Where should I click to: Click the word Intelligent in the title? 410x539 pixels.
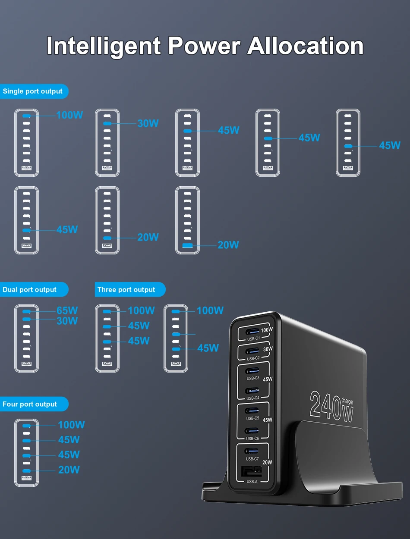click(104, 46)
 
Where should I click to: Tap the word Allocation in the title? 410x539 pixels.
click(306, 46)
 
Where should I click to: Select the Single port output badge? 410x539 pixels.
click(34, 91)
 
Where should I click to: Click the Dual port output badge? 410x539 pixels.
click(34, 289)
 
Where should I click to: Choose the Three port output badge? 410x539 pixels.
click(130, 289)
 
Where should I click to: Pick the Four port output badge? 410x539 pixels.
click(34, 404)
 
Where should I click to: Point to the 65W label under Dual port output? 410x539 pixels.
click(67, 310)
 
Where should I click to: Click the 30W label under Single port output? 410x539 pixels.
click(148, 123)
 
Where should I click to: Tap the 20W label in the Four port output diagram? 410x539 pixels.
click(69, 470)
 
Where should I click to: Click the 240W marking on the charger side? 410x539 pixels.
click(331, 406)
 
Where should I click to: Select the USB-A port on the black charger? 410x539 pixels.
click(251, 471)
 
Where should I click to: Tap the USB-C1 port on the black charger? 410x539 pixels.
click(252, 332)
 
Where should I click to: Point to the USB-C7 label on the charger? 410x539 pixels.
click(252, 459)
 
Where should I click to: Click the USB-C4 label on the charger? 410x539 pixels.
click(253, 398)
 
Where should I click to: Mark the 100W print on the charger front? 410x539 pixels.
click(267, 330)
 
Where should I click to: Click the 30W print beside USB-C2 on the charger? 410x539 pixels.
click(268, 349)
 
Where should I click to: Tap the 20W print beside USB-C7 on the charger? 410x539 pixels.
click(267, 462)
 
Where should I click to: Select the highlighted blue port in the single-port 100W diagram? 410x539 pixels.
click(26, 116)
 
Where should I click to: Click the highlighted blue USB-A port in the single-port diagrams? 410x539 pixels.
click(187, 245)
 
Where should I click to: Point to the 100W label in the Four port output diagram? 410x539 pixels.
click(72, 425)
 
